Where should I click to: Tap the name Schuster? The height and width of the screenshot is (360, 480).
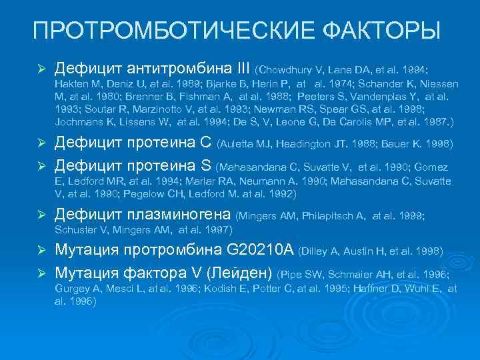[74, 229]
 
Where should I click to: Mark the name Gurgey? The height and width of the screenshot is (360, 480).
[71, 288]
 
